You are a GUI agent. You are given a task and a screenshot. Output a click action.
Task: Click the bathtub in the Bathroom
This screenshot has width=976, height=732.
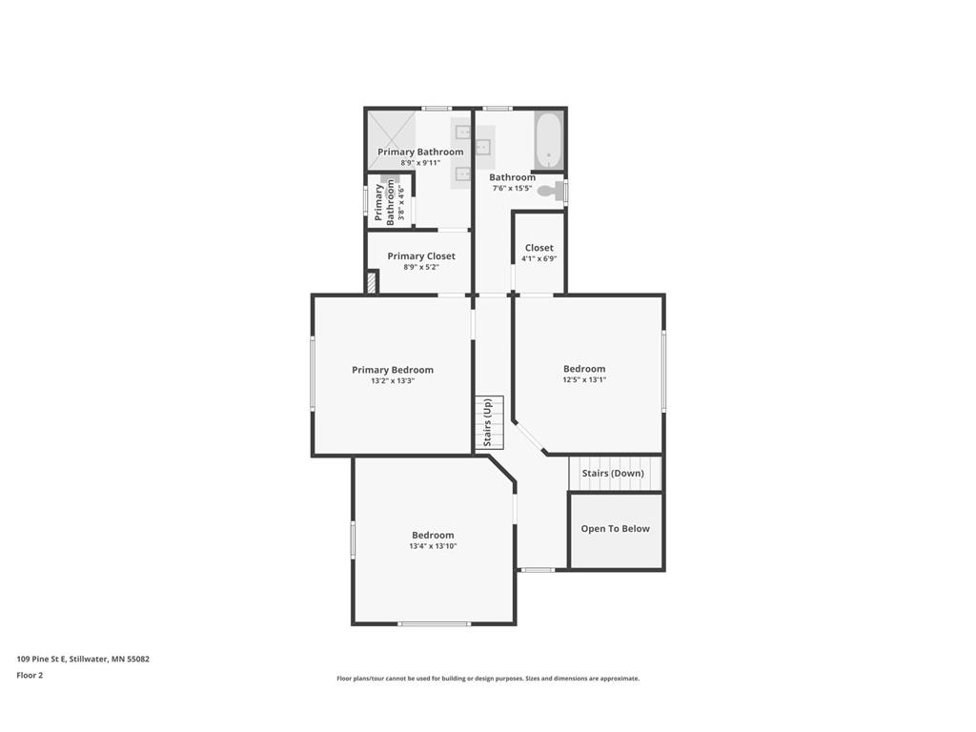point(548,141)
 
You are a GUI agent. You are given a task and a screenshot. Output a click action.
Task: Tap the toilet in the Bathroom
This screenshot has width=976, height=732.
point(549,191)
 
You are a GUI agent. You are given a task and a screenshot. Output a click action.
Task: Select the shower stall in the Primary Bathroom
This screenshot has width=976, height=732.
point(392,138)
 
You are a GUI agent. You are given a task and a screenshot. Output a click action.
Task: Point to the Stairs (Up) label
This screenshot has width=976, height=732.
point(488,423)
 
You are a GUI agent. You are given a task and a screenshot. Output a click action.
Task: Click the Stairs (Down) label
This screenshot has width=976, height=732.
point(613,474)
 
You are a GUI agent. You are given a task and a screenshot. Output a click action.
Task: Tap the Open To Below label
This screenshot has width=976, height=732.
point(616,529)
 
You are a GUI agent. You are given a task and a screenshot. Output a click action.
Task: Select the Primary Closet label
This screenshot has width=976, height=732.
point(421,256)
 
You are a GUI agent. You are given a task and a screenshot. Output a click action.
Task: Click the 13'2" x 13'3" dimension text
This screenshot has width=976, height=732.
point(393,381)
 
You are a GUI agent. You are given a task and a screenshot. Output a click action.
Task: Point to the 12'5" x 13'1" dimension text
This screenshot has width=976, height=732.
point(584,379)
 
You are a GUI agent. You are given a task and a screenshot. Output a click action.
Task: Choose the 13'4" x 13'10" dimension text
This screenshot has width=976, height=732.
point(433,546)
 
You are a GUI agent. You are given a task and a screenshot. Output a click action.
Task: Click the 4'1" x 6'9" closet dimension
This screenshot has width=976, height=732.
point(539,258)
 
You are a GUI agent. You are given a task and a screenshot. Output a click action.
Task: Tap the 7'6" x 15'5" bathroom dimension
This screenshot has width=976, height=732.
point(512,189)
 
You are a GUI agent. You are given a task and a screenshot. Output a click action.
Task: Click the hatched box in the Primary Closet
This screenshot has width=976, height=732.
point(372,283)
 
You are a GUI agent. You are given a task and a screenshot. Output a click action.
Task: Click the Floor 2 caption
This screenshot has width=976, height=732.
point(30,675)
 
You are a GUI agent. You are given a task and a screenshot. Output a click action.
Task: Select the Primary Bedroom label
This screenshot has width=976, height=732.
point(393,370)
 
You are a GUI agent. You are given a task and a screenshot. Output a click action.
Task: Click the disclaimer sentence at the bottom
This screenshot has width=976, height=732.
point(488,679)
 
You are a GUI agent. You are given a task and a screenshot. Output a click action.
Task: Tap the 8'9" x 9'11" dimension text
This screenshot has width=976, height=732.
point(420,163)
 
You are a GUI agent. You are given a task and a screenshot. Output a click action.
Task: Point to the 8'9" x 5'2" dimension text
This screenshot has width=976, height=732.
point(421,268)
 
